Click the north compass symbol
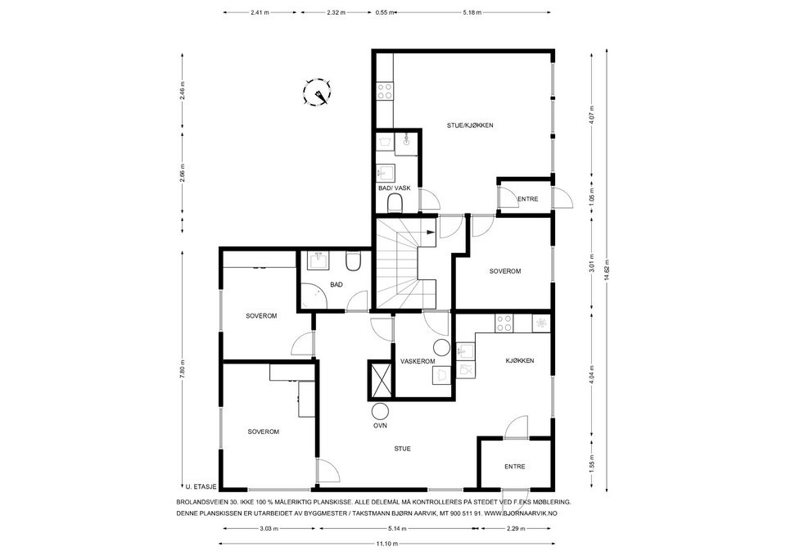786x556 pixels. [318, 93]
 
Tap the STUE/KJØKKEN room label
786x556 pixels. [470, 125]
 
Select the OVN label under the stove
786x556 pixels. [380, 426]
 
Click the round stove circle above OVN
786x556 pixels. [380, 411]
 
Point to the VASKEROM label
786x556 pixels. [418, 361]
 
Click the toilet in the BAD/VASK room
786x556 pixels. [395, 204]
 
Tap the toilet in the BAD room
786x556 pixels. [353, 260]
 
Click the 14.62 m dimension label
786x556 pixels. [607, 272]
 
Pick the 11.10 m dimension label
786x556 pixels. [386, 544]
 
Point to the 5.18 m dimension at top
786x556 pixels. [472, 13]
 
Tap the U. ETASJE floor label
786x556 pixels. [201, 486]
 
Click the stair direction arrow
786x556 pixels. [430, 232]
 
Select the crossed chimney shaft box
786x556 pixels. [382, 379]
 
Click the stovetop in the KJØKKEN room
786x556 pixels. [504, 323]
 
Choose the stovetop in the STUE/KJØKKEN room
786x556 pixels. [385, 92]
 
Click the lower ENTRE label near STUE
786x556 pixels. [515, 467]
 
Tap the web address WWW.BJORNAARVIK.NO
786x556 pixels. [522, 513]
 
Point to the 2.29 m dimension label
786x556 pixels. [516, 528]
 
